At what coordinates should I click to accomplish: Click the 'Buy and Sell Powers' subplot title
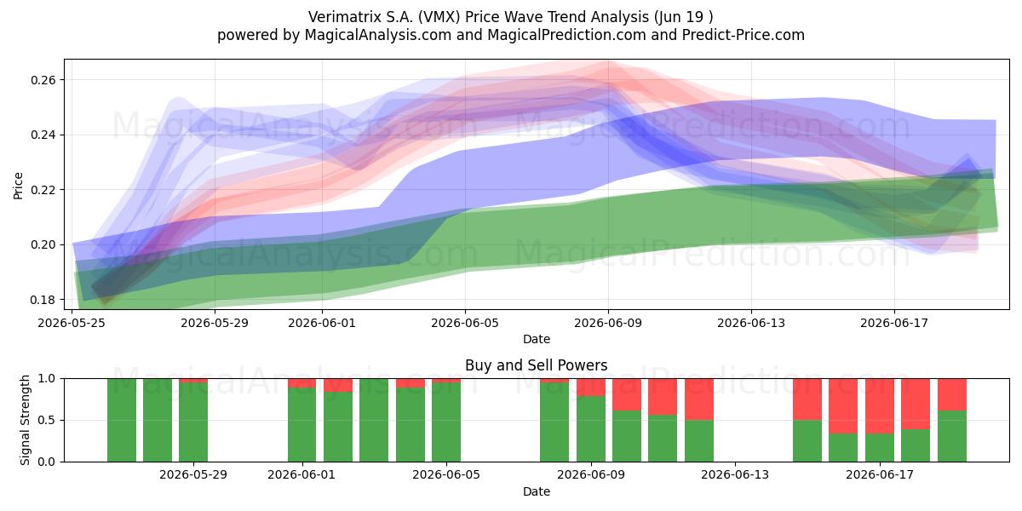click(x=536, y=365)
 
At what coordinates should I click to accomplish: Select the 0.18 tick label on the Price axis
click(x=43, y=300)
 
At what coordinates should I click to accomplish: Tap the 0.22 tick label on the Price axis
click(x=43, y=190)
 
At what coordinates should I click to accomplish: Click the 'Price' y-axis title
click(x=18, y=186)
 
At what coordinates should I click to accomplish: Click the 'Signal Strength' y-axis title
click(x=25, y=420)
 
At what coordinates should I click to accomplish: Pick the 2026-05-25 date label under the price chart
click(x=72, y=323)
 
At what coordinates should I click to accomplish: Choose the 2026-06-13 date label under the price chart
click(x=751, y=323)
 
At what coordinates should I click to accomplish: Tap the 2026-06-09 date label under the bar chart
click(x=591, y=475)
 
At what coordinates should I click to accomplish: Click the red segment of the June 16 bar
click(x=843, y=406)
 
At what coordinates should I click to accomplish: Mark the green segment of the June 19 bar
click(x=952, y=436)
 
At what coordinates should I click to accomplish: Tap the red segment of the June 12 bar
click(x=699, y=399)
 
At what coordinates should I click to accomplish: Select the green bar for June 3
click(x=374, y=420)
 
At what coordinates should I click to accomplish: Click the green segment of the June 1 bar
click(x=301, y=425)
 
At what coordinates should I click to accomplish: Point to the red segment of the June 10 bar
click(x=627, y=394)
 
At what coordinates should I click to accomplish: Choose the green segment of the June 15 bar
click(x=807, y=441)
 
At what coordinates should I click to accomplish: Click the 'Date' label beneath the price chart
click(x=536, y=339)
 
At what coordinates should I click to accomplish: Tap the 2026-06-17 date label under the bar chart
click(x=880, y=475)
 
